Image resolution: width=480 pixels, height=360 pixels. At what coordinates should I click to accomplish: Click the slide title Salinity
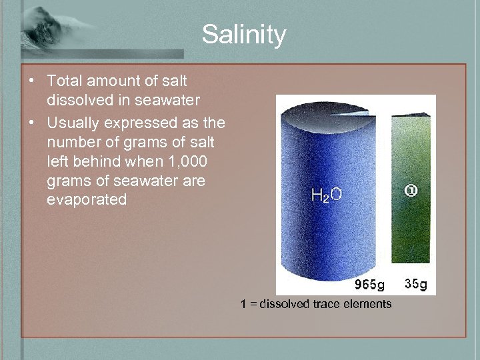[x=244, y=35]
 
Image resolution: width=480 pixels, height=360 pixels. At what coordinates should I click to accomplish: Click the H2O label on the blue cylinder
[x=327, y=195]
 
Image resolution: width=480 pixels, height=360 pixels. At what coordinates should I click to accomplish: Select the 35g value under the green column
[x=416, y=284]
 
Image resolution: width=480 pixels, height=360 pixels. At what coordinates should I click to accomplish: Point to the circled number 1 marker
[x=411, y=191]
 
